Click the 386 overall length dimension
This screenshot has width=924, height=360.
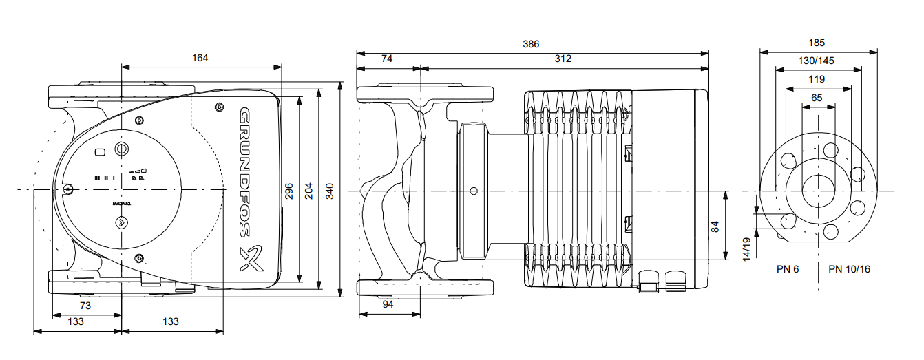tap(530, 44)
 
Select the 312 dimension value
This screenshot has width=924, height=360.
tap(563, 59)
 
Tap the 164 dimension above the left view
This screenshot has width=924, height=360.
tap(200, 58)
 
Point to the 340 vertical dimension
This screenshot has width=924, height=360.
tap(329, 191)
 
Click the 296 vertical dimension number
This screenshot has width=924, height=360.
tap(288, 191)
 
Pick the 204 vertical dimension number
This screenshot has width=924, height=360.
tap(308, 191)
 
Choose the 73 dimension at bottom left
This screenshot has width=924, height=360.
tap(85, 306)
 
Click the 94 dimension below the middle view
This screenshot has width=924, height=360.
tap(388, 305)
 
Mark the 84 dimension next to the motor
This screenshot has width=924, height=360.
tap(715, 227)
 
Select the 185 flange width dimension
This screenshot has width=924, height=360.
tap(817, 43)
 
